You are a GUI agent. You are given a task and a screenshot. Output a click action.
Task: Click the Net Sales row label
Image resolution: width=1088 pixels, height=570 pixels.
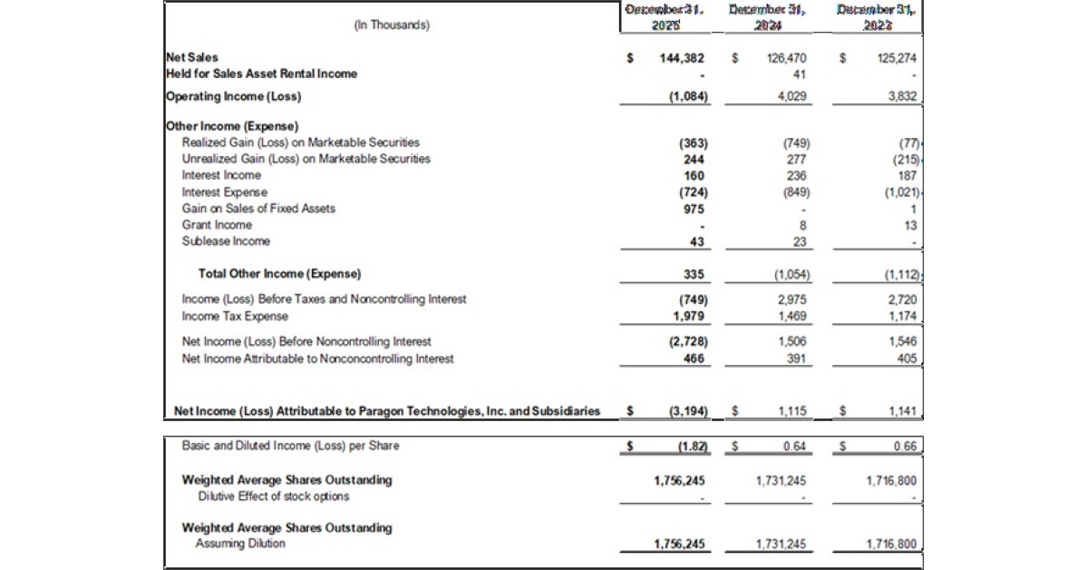point(192,57)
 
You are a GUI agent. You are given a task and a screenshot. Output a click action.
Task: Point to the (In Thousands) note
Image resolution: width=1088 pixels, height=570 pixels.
point(392,25)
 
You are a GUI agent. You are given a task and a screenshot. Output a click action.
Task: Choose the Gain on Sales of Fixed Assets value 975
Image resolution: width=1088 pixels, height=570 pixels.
point(695,208)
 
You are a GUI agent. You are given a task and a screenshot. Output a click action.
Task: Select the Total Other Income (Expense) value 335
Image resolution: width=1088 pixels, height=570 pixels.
point(695,273)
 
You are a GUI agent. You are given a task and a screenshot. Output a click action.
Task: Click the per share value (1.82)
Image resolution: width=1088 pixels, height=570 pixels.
point(693,446)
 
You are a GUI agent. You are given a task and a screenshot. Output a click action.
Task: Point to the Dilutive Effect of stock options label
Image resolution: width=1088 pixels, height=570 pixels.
point(274,496)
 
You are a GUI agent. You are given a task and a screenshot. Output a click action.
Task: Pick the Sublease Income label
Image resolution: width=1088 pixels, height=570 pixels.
point(226,241)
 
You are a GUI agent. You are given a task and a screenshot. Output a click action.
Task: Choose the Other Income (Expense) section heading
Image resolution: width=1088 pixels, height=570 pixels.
point(232,126)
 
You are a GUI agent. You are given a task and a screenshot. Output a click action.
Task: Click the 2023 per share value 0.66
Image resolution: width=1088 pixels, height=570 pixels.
point(904,446)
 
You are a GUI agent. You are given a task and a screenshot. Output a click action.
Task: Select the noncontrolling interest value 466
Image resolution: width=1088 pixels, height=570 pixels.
point(695,358)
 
